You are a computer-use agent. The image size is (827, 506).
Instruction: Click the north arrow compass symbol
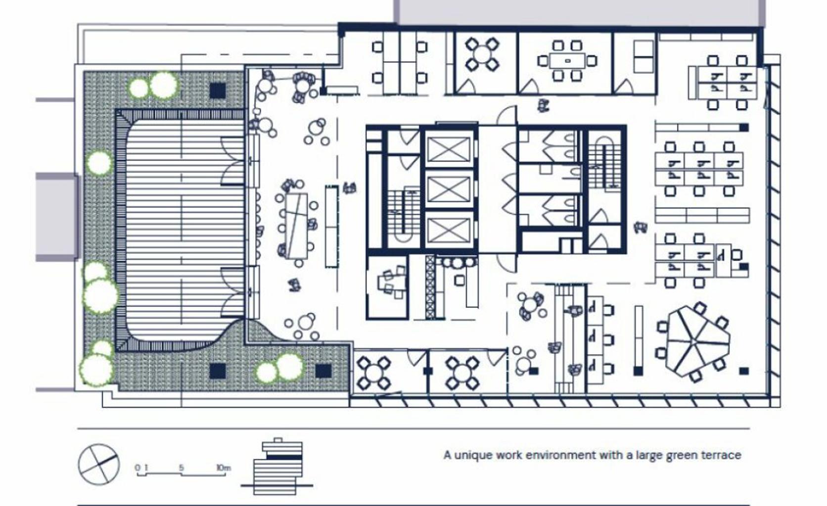[x=99, y=464]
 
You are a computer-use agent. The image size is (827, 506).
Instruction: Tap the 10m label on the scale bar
[x=223, y=467]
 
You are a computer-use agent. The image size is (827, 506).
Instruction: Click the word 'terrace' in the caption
[x=724, y=455]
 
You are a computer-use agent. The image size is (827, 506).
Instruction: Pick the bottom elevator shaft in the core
[x=449, y=230]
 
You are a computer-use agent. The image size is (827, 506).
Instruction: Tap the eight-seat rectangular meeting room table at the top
[x=567, y=61]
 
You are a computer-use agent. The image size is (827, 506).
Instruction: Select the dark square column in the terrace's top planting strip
[x=218, y=90]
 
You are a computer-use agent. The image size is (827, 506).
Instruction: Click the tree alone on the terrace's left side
[x=99, y=163]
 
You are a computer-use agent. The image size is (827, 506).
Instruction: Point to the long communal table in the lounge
[x=296, y=225]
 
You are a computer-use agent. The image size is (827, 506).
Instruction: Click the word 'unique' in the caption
[x=472, y=455]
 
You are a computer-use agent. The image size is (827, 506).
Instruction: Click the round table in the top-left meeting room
[x=482, y=54]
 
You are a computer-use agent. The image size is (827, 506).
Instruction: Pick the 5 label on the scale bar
[x=182, y=467]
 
